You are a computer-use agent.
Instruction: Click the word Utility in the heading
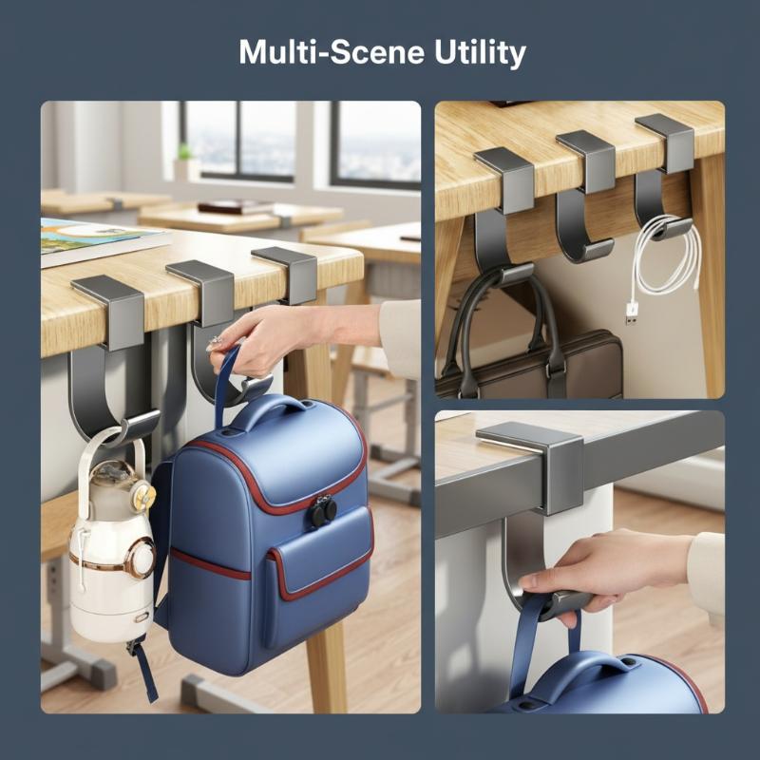pos(480,53)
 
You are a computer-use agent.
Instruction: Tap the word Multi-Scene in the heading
pos(332,52)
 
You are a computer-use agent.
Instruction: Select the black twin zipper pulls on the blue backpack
pos(324,511)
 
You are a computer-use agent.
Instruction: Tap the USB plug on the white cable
pos(632,313)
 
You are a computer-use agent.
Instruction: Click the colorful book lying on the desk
pos(97,241)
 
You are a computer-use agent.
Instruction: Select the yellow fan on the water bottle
pos(144,495)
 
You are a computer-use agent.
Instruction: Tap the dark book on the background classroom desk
pos(236,207)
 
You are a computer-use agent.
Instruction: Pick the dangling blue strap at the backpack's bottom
pos(144,672)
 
